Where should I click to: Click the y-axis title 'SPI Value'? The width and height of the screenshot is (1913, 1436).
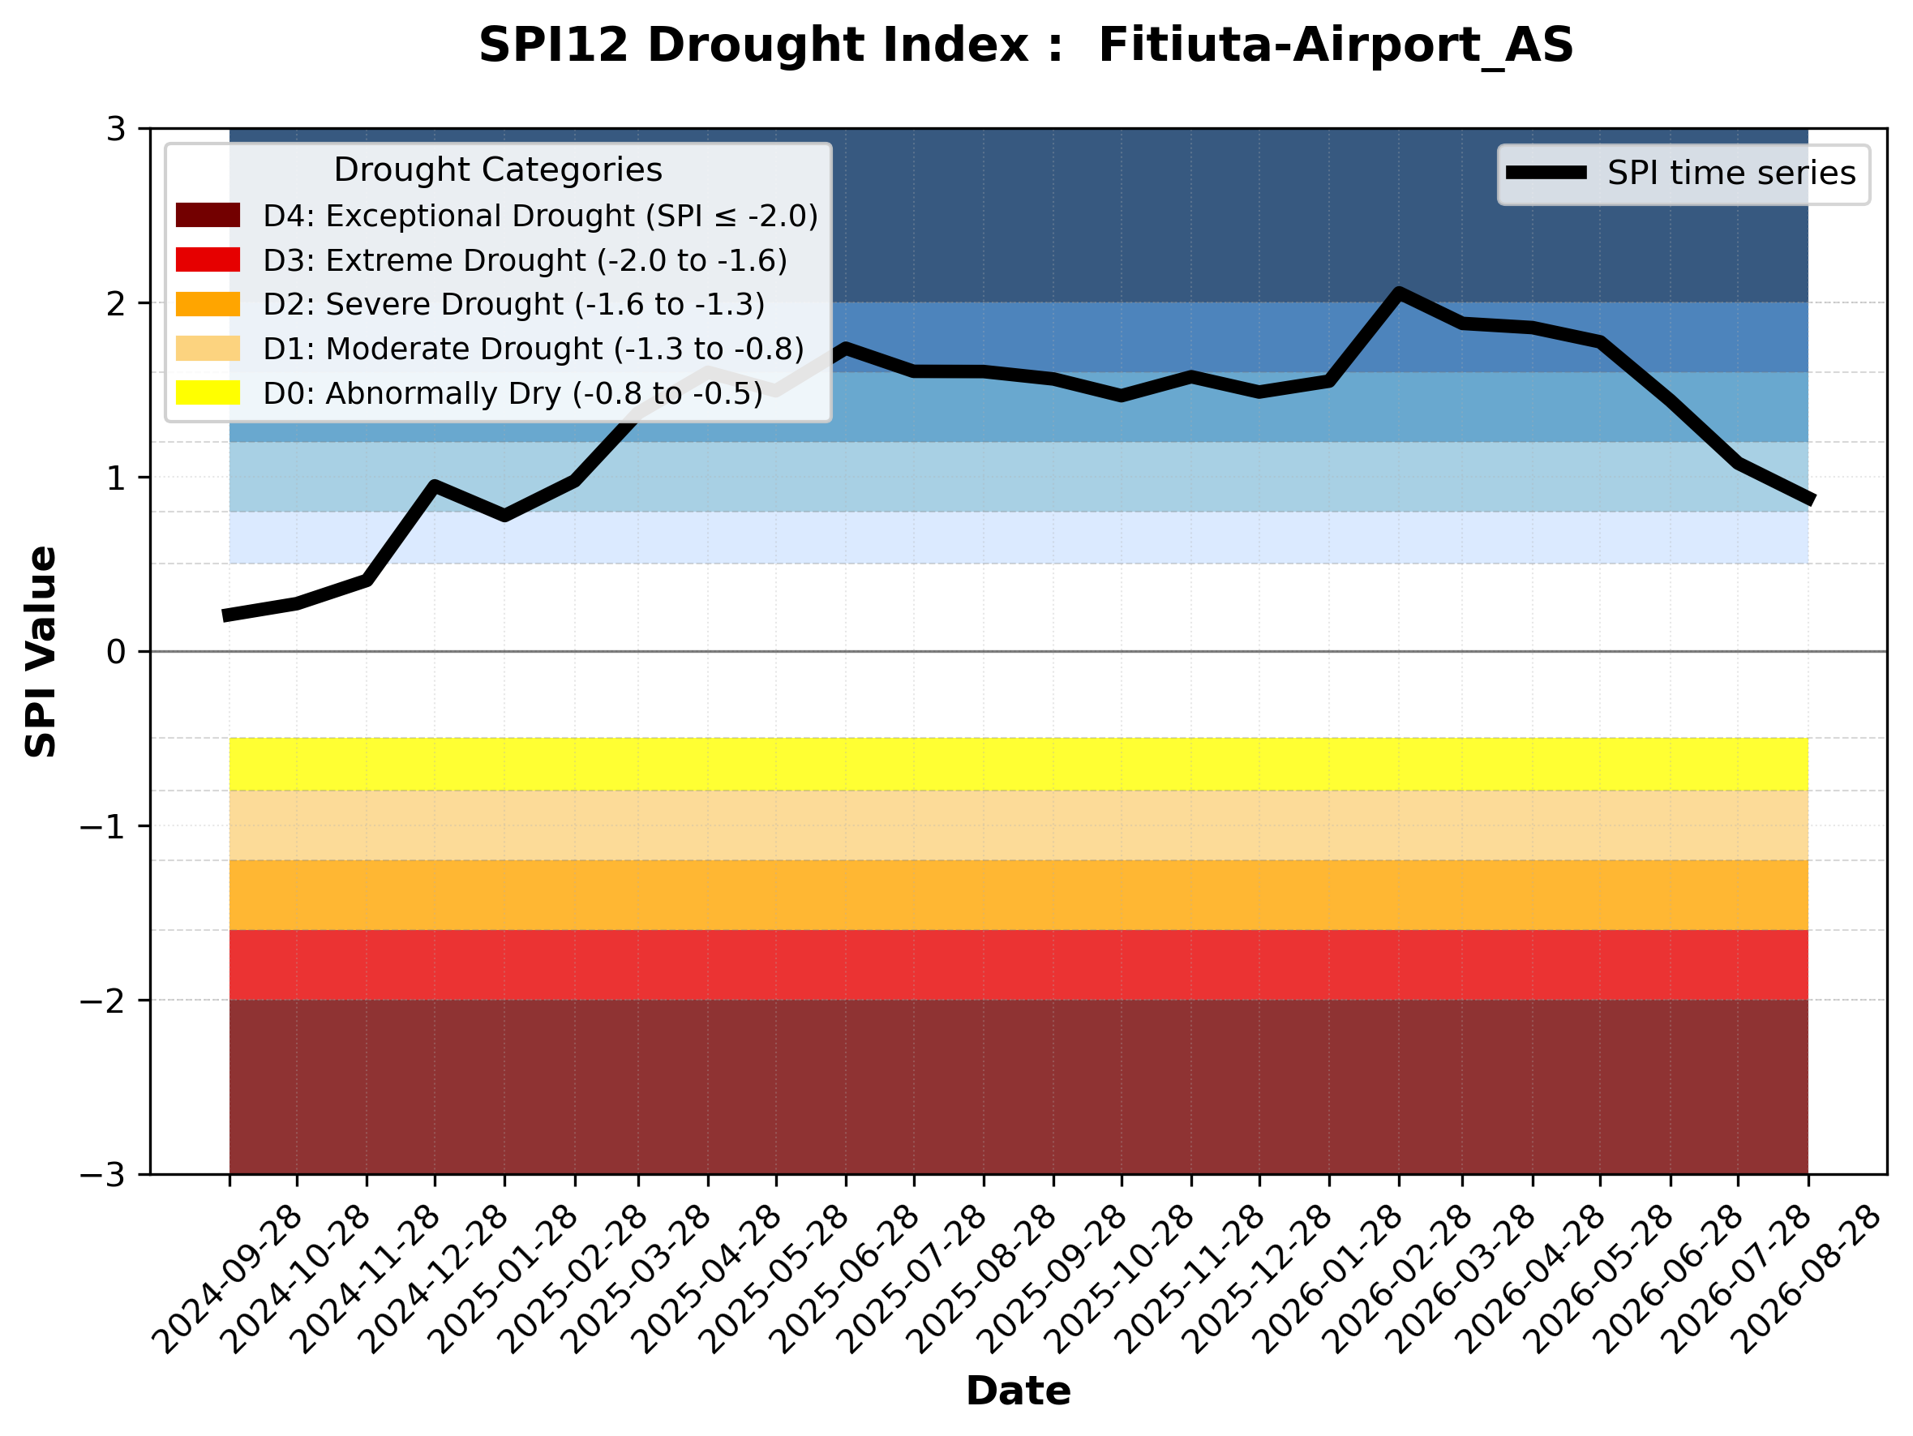click(x=41, y=652)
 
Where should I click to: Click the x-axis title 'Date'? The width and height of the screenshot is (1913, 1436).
click(x=1018, y=1391)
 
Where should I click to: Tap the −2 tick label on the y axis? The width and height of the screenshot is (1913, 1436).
click(x=103, y=1001)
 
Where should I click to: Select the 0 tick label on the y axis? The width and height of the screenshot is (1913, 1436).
click(x=117, y=652)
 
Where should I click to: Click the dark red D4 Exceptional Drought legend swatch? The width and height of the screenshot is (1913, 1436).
click(x=208, y=215)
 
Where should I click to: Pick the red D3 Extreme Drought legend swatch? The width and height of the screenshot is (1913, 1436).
click(x=208, y=259)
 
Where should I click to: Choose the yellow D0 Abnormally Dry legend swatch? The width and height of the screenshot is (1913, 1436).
click(x=208, y=392)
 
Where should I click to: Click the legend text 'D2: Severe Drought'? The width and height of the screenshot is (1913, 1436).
click(x=414, y=304)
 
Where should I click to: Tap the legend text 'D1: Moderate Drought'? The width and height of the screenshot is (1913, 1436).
click(x=433, y=349)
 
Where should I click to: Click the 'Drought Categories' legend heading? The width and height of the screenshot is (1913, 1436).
click(x=498, y=169)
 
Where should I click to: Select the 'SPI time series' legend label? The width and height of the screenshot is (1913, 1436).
click(x=1731, y=173)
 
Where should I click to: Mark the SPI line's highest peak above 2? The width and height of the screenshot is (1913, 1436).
click(x=1398, y=292)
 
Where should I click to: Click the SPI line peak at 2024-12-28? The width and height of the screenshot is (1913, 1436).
click(x=434, y=485)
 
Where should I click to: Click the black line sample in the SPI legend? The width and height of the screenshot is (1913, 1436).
click(x=1546, y=173)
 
